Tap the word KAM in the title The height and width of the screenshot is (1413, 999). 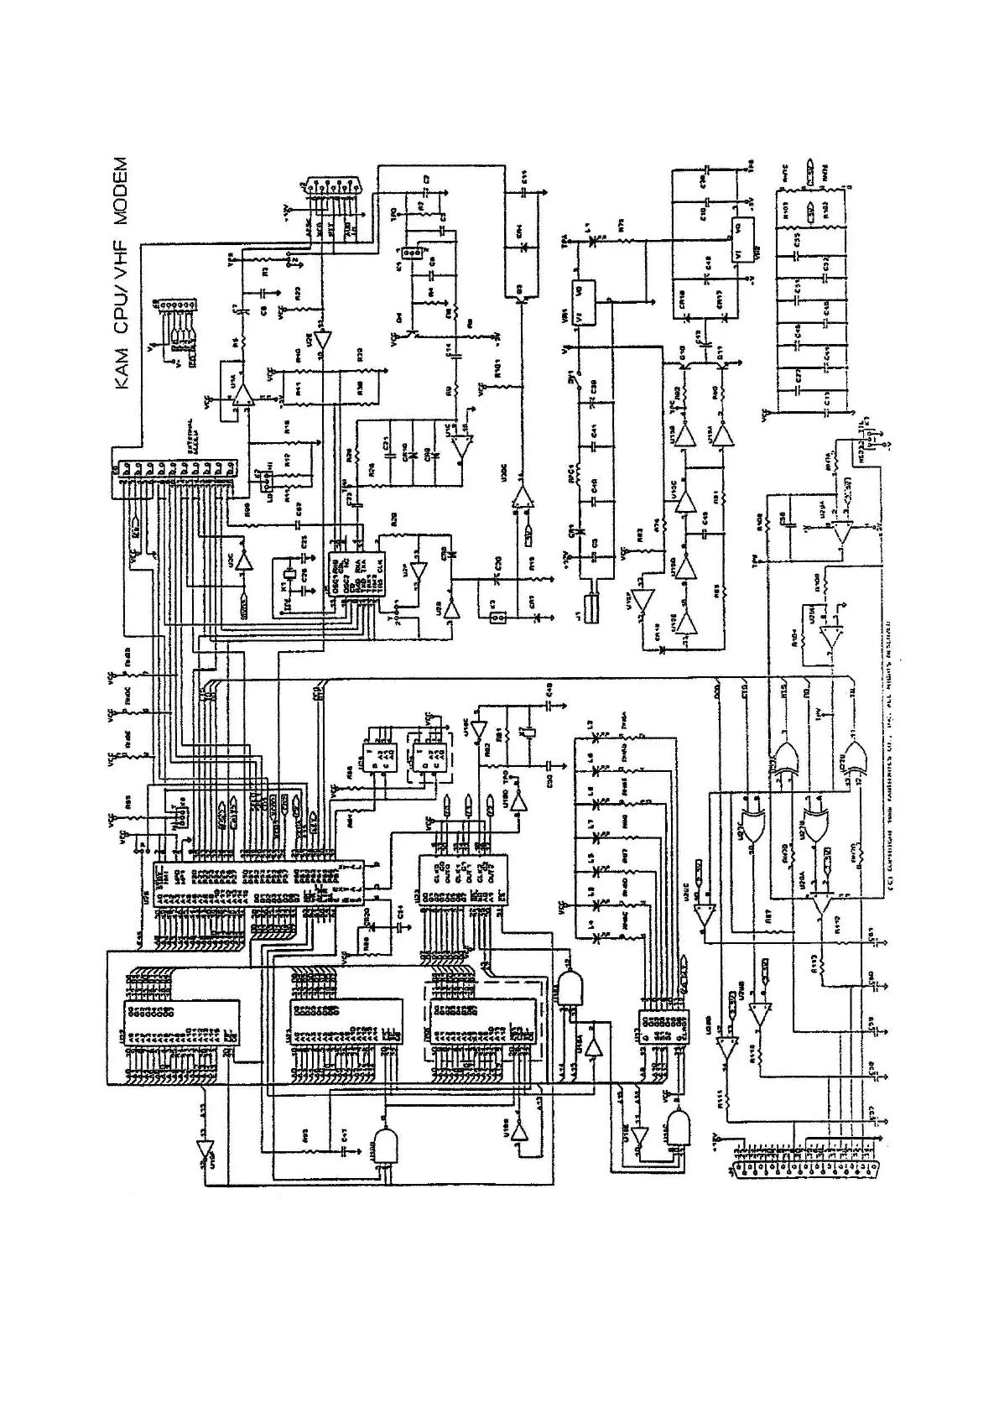click(x=121, y=368)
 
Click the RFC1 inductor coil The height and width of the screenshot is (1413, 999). click(x=575, y=468)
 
